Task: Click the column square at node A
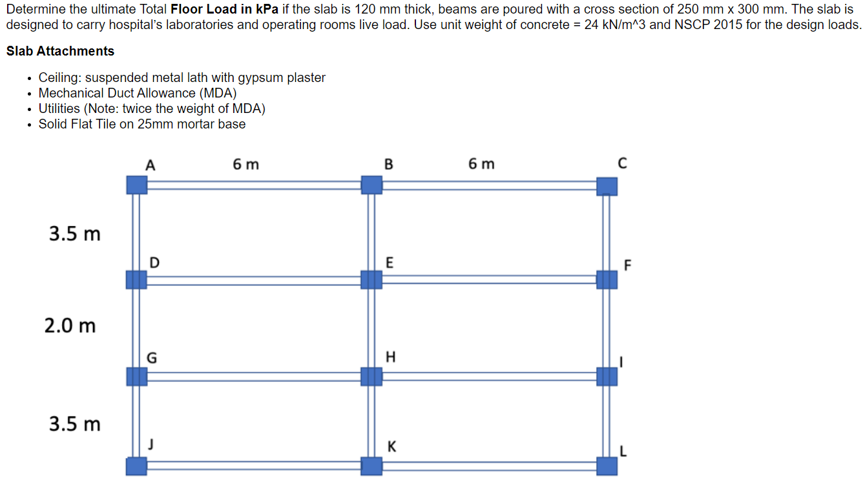click(x=136, y=185)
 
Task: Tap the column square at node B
click(x=371, y=185)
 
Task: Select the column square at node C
click(x=607, y=186)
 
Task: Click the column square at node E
click(x=371, y=280)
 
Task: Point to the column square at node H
click(x=371, y=376)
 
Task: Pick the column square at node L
click(x=607, y=465)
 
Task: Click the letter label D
click(x=154, y=262)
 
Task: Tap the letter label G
click(x=152, y=357)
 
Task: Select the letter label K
click(x=392, y=447)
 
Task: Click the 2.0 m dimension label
click(x=70, y=326)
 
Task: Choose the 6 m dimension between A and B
click(x=245, y=165)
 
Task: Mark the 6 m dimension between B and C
click(x=481, y=165)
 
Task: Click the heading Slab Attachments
click(x=60, y=51)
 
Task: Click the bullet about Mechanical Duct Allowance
click(x=138, y=93)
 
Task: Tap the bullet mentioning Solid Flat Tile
click(x=142, y=124)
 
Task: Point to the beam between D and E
click(x=254, y=280)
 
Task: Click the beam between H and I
click(x=489, y=376)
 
